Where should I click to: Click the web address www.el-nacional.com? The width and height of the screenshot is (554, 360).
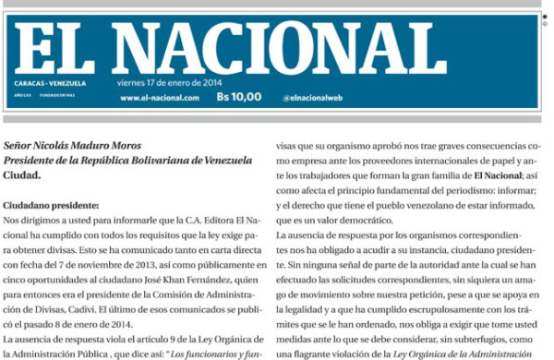click(x=159, y=97)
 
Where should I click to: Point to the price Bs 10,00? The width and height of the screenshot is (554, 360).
click(x=238, y=96)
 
